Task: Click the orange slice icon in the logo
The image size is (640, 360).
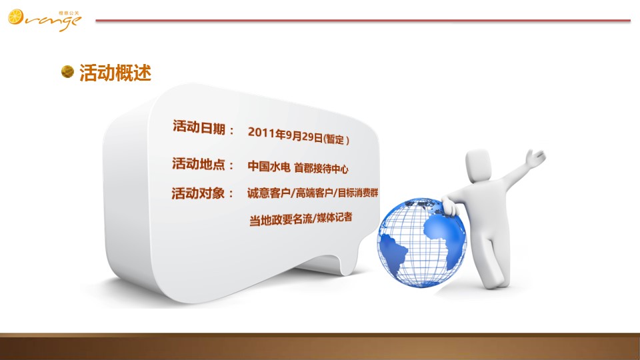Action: pos(16,17)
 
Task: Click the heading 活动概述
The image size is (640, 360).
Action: pos(115,73)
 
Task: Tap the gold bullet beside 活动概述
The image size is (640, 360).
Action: pos(67,71)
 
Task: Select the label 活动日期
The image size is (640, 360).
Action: pos(199,127)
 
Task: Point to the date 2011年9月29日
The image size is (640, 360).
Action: pos(285,135)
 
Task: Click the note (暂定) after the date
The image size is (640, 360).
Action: pos(336,139)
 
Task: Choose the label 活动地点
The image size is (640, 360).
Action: pos(199,164)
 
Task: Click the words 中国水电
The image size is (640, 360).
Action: pos(269,166)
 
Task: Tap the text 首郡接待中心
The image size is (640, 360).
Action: pos(321,168)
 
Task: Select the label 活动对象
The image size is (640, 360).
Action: pos(198,193)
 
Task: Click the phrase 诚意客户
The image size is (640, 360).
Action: pos(269,193)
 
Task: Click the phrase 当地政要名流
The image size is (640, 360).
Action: pos(281,219)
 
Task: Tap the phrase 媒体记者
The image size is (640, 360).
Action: pos(334,217)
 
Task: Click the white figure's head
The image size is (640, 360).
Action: pos(478,165)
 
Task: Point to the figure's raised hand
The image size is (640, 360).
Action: pos(535,157)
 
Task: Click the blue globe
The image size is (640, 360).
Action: pos(421,243)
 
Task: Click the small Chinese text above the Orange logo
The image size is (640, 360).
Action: pos(69,13)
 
